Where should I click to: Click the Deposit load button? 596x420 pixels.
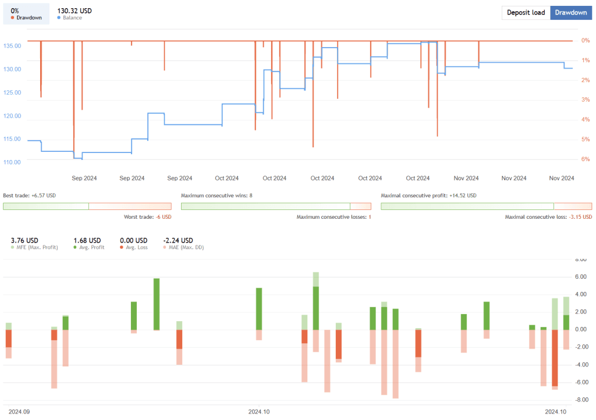click(x=526, y=13)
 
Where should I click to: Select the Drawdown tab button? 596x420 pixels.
click(x=570, y=13)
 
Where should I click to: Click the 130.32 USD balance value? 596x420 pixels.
click(x=74, y=10)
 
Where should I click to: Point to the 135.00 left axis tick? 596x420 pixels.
click(x=12, y=46)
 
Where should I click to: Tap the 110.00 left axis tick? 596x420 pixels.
click(x=12, y=162)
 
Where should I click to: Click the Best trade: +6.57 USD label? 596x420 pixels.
click(x=29, y=196)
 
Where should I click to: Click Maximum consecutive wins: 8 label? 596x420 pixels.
click(x=217, y=196)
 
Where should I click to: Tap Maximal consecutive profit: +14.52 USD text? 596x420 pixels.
click(x=428, y=196)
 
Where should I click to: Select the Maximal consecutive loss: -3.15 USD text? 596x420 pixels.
click(x=548, y=217)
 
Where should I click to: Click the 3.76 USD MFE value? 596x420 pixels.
click(x=24, y=240)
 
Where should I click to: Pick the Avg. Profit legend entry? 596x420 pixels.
click(x=90, y=248)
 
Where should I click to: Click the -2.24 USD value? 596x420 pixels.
click(x=178, y=240)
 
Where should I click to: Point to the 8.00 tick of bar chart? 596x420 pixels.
click(x=580, y=260)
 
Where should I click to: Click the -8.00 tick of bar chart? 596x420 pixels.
click(x=580, y=400)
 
